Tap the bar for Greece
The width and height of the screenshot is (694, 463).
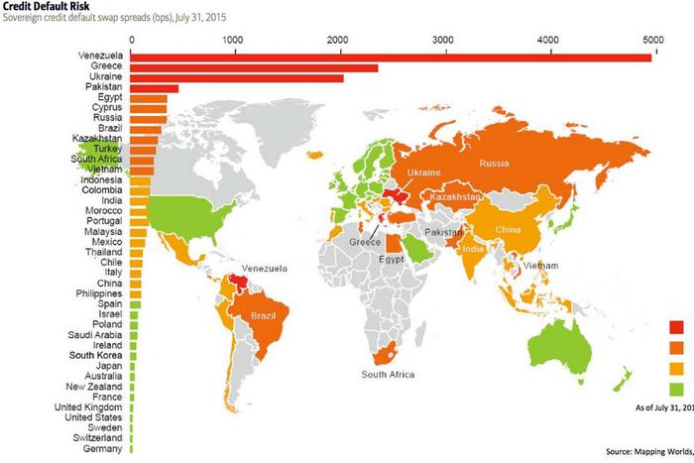pos(254,68)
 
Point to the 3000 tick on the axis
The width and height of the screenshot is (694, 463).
pos(442,39)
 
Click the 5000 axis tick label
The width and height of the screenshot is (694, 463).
pos(652,39)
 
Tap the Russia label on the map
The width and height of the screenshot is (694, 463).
pos(494,164)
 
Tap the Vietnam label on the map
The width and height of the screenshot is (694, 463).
pos(540,266)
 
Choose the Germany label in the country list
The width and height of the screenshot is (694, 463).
pos(104,449)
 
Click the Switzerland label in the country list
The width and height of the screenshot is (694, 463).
pos(97,436)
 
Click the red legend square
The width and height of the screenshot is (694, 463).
pos(678,327)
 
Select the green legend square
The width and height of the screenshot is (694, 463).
pos(678,388)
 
